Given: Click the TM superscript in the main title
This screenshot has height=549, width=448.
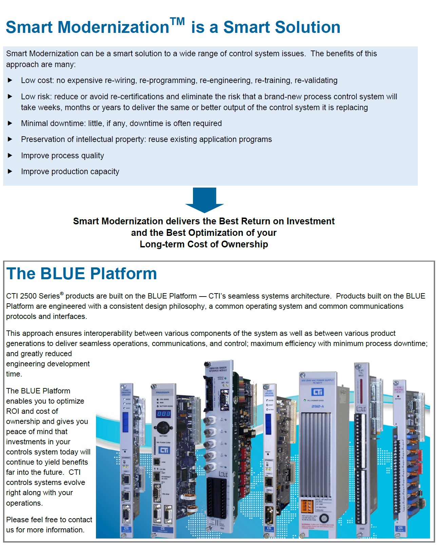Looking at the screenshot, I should (x=177, y=22).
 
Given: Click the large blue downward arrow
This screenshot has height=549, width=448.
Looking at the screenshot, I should (x=204, y=200).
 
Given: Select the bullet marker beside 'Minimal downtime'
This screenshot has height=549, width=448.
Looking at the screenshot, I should (x=10, y=123).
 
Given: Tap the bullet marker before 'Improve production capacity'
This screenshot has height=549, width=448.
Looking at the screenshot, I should (x=10, y=171).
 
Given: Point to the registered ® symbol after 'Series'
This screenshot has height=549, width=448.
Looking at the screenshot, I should (x=62, y=293).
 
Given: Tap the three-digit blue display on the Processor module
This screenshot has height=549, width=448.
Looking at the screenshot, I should (x=163, y=414).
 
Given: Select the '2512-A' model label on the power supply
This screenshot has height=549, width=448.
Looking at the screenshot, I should (x=317, y=406).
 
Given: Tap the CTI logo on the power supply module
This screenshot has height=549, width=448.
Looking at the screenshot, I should (x=317, y=392).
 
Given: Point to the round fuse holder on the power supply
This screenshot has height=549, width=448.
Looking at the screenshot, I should (x=324, y=518).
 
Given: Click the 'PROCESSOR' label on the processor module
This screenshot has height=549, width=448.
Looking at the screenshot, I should (x=163, y=392).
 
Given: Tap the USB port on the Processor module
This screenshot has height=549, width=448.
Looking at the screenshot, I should (x=157, y=462).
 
